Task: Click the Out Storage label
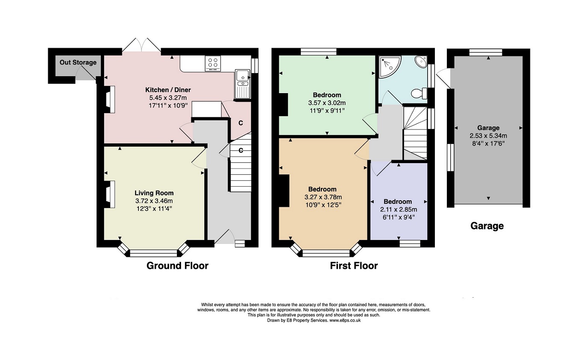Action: point(78,62)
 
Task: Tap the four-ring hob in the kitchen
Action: point(213,63)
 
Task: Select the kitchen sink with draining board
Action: point(243,84)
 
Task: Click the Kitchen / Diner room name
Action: point(168,90)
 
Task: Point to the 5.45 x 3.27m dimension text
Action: point(168,98)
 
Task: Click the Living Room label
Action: point(154,193)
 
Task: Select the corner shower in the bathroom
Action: point(390,67)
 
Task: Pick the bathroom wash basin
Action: point(421,62)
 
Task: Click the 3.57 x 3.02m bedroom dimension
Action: point(327,103)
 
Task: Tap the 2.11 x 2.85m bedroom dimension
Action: point(399,210)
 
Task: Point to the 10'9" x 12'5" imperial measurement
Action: point(323,205)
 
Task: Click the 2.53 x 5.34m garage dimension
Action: point(488,136)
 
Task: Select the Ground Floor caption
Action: point(178,266)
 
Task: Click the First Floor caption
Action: point(354,266)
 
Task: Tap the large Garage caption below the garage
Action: point(487,226)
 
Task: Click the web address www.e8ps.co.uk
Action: point(345,321)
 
